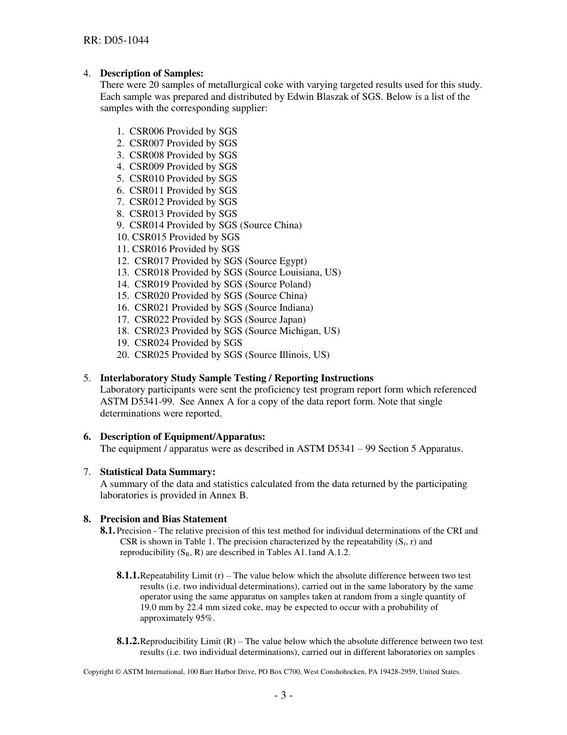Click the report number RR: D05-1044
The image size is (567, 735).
pos(116,41)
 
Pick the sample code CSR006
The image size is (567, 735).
pos(146,131)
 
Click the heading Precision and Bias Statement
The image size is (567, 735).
pos(163,519)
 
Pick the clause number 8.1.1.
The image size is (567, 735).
pos(128,576)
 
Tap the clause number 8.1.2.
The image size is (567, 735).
pos(128,641)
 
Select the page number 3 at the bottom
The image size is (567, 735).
pos(283,696)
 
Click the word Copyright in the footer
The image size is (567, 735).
pos(98,672)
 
